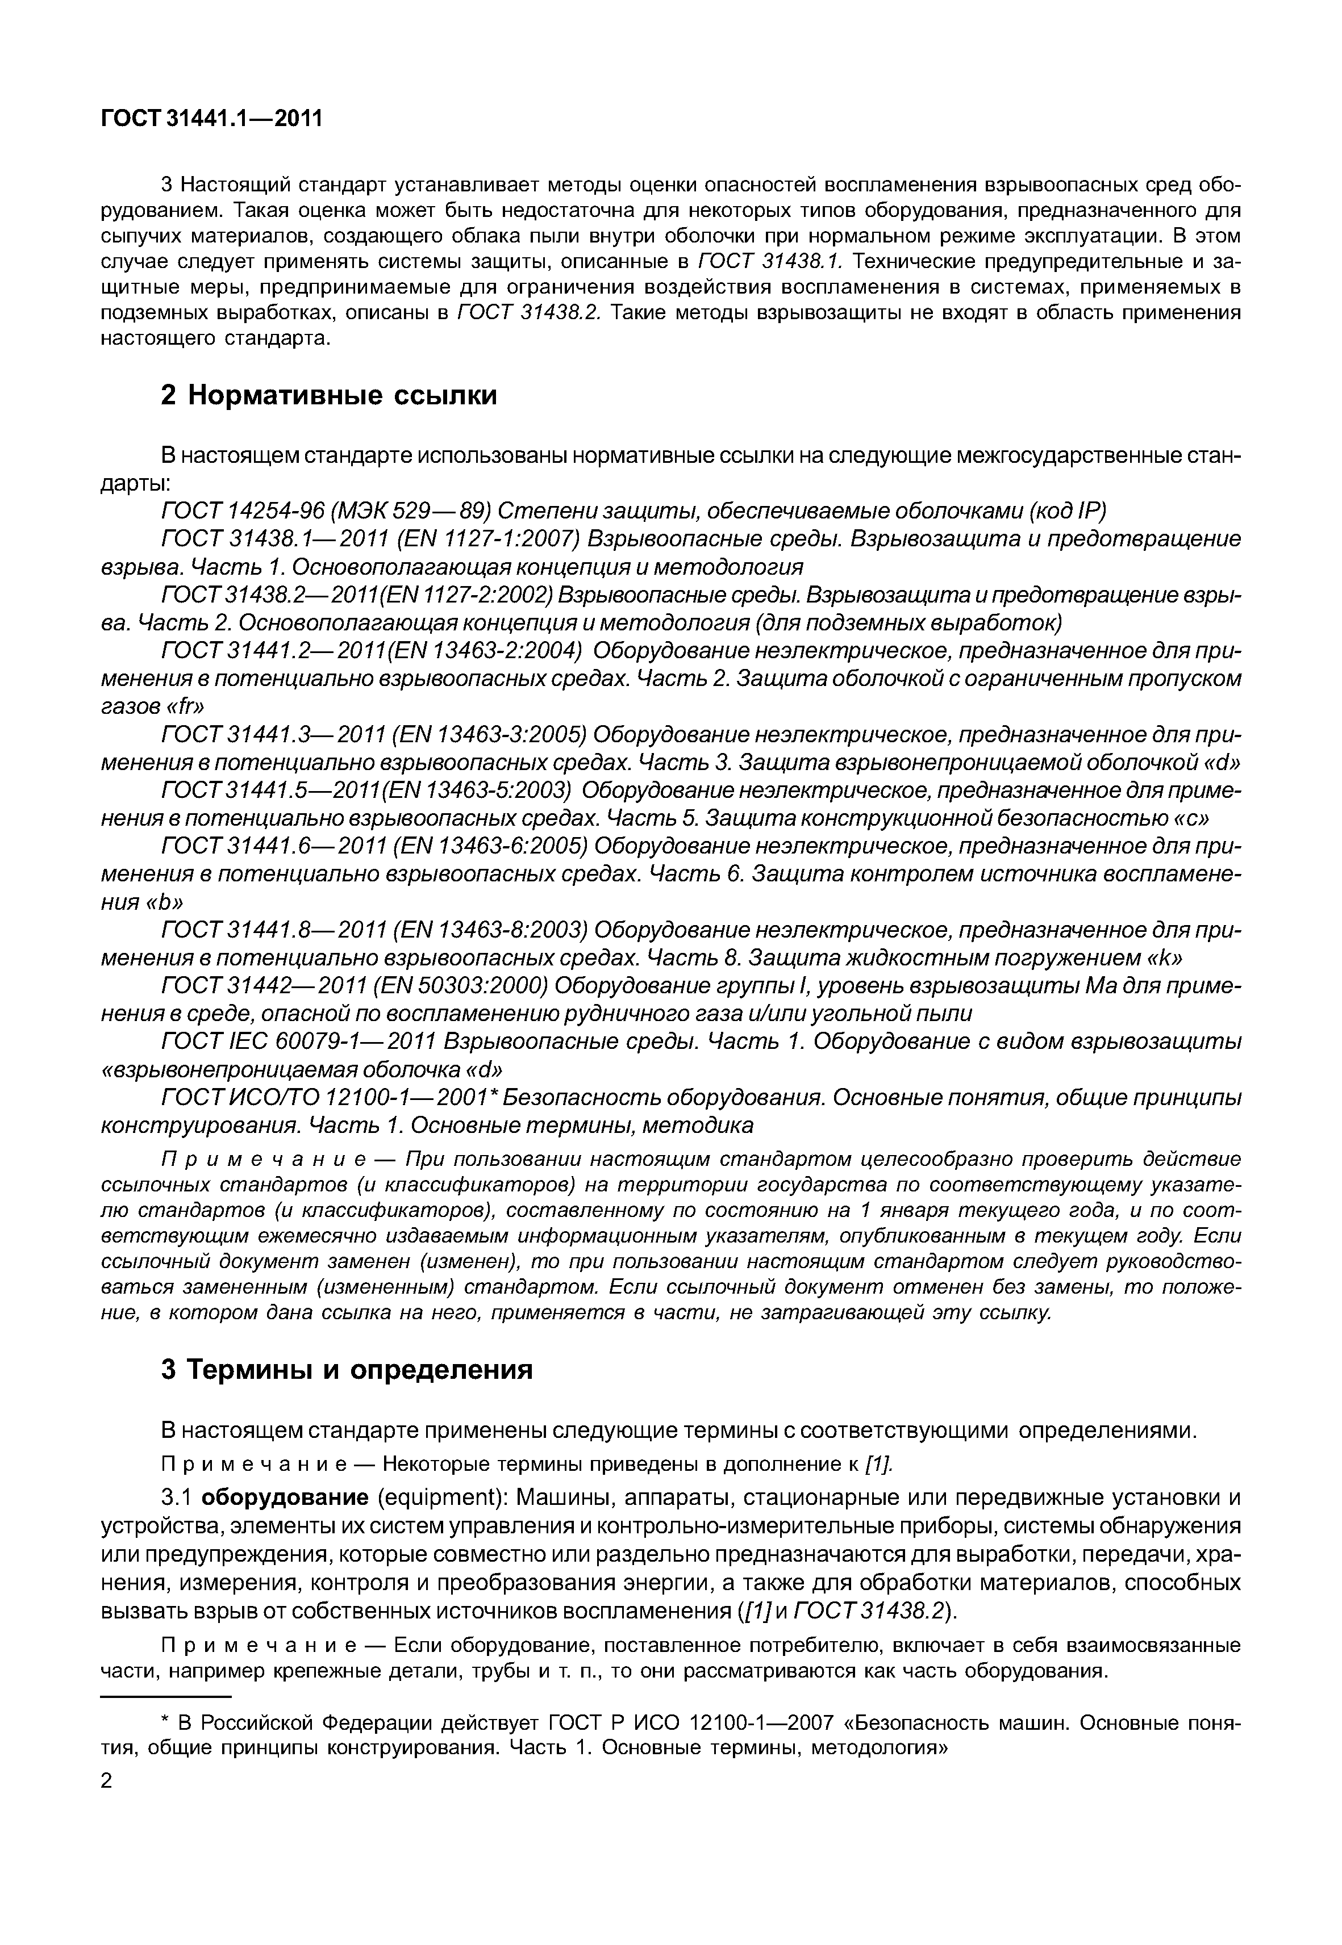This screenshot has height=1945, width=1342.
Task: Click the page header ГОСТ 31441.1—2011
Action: click(212, 119)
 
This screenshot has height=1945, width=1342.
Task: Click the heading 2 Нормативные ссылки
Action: click(329, 395)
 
